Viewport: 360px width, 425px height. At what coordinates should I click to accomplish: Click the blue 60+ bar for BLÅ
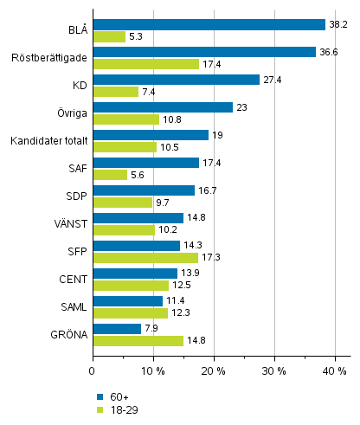[x=209, y=24]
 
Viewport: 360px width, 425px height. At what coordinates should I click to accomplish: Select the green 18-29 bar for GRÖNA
[x=138, y=341]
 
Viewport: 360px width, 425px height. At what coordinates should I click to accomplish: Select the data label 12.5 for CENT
[x=181, y=286]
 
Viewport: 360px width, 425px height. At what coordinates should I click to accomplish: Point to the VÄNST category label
[x=69, y=223]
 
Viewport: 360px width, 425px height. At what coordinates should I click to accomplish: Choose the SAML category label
[x=71, y=307]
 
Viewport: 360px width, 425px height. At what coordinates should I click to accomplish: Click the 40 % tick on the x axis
[x=335, y=370]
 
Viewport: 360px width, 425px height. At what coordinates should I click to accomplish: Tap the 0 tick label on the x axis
[x=93, y=370]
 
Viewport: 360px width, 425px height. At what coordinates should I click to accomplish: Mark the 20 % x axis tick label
[x=214, y=370]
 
